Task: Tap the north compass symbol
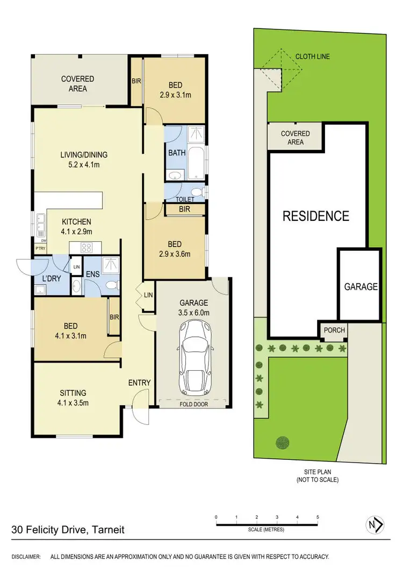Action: (x=374, y=524)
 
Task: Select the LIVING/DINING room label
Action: (x=87, y=160)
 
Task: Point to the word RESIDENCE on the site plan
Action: (x=316, y=216)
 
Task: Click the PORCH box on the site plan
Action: (x=334, y=330)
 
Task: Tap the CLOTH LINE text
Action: (x=312, y=56)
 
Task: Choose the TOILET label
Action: (x=185, y=199)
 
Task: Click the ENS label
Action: (x=93, y=273)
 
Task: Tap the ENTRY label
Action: (x=139, y=383)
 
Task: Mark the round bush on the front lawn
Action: (x=282, y=443)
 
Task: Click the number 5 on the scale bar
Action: (x=318, y=517)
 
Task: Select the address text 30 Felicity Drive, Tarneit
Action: (x=68, y=530)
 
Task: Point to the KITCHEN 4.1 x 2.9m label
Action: (x=76, y=226)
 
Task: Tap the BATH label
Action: (x=177, y=153)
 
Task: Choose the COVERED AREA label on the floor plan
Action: (x=77, y=84)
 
